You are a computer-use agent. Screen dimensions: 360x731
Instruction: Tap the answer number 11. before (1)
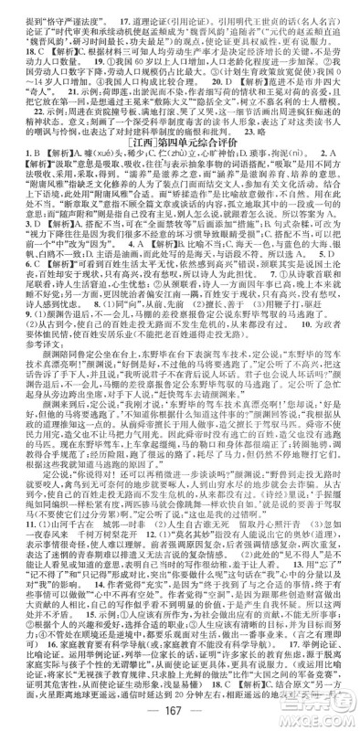tap(16, 524)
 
